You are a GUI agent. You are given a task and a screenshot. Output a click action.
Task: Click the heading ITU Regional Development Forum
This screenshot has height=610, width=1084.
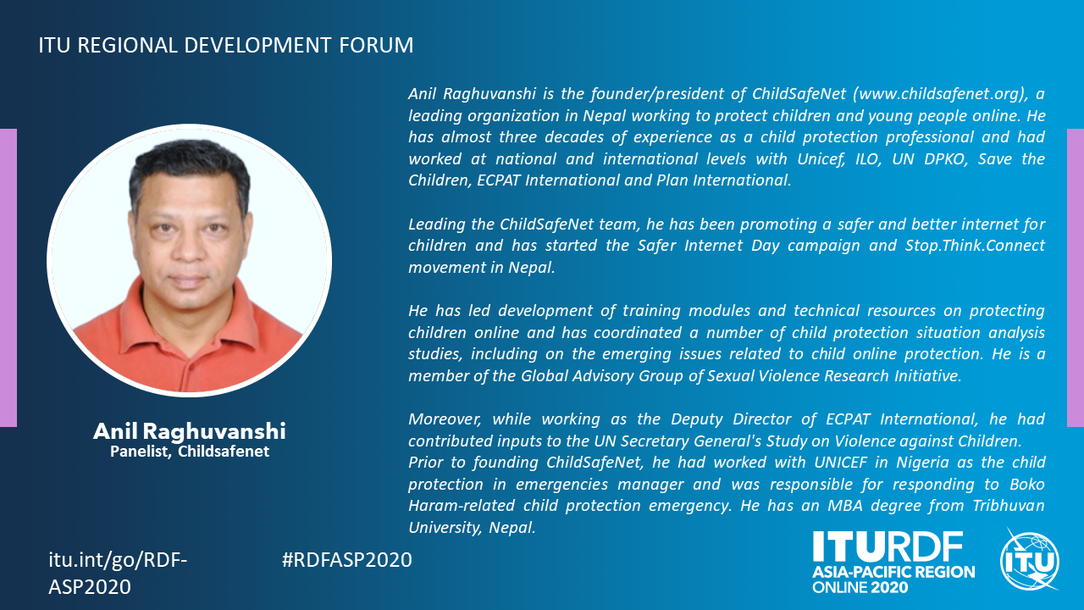pos(226,45)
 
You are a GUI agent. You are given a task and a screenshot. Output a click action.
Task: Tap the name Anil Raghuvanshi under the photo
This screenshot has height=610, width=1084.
pos(189,431)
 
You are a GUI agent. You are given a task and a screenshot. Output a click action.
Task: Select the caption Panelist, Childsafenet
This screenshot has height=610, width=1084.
pos(189,452)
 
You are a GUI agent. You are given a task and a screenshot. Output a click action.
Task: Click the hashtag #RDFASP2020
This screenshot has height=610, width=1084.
pos(346,560)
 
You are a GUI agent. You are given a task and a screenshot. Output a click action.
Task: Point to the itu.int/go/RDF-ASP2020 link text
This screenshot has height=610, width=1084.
pos(118,574)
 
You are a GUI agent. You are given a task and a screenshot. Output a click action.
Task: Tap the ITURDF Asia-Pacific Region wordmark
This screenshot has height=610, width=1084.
pos(893,563)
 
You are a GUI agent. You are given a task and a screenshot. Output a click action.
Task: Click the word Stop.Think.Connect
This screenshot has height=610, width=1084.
pos(975,245)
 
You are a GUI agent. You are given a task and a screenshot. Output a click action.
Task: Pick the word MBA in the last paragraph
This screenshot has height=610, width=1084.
pos(845,505)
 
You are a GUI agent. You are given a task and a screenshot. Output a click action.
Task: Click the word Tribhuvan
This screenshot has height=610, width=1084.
pos(1009,505)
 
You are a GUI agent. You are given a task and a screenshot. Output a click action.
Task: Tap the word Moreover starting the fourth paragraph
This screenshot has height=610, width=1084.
pos(445,419)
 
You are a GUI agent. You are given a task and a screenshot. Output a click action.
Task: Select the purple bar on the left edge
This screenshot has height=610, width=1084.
pos(8,277)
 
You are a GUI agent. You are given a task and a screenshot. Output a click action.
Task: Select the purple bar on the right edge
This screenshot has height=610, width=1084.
pos(1076,277)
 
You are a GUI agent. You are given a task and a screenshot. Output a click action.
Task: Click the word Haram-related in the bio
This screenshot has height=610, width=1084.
pos(462,506)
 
